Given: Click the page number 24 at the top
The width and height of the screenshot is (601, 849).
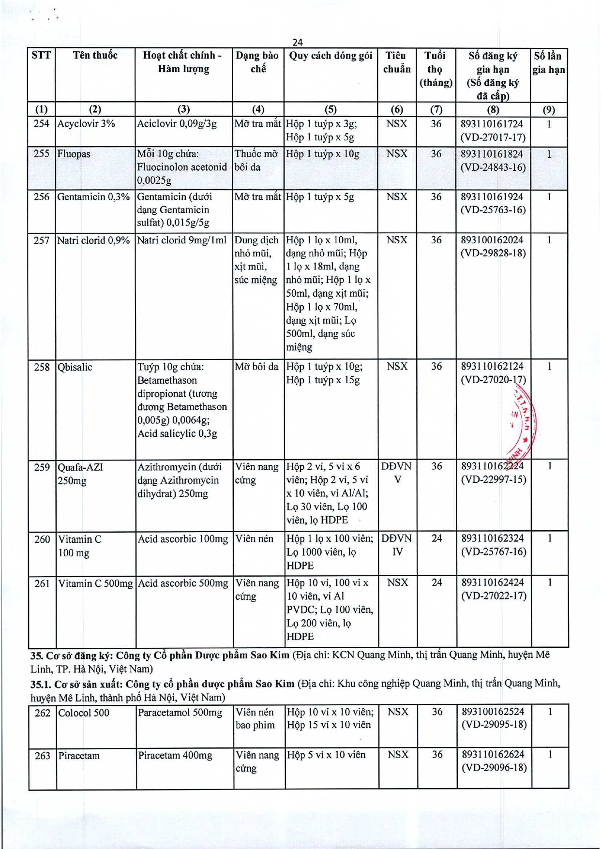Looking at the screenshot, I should click(298, 43).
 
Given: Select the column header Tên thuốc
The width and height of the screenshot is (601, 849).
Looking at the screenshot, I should click(95, 55).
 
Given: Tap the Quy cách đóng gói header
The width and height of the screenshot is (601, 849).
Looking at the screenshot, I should click(331, 56).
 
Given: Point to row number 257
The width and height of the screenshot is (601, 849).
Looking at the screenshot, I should click(42, 240).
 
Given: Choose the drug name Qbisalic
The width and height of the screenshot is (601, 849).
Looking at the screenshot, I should click(75, 367).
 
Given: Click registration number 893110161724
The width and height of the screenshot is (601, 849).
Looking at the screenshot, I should click(492, 124).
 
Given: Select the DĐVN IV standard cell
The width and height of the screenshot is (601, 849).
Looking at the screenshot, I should click(397, 545).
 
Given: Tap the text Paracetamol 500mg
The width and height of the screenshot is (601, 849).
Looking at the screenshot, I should click(180, 713).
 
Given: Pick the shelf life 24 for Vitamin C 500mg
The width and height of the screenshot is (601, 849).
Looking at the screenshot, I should click(436, 583).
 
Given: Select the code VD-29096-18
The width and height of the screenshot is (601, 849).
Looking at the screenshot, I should click(494, 768).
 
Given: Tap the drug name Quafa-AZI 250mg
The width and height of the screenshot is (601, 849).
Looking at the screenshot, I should click(80, 474).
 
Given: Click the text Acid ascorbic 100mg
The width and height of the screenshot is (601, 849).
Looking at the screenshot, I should click(183, 539).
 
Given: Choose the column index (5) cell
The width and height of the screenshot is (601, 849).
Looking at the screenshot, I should click(331, 109).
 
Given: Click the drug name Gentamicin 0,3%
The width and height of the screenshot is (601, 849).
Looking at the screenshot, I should click(93, 197).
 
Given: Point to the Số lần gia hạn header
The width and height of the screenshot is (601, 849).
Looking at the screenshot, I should click(549, 62).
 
